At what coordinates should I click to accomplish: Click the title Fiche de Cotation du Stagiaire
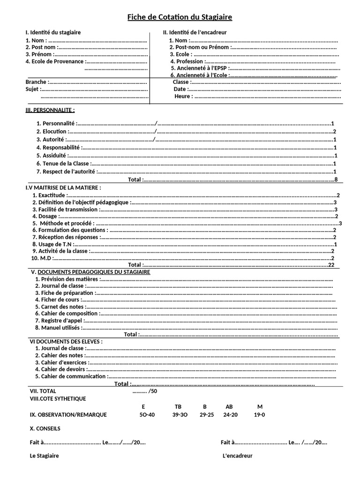[180, 17]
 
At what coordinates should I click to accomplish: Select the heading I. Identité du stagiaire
[53, 32]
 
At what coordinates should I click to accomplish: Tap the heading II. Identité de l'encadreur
[195, 32]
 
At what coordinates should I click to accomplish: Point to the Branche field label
[36, 82]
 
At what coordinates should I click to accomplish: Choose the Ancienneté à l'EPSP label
[199, 68]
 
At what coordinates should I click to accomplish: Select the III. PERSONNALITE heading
[50, 110]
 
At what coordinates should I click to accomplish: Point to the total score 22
[331, 265]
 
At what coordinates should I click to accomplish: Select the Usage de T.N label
[52, 244]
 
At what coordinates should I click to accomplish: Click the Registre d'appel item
[59, 321]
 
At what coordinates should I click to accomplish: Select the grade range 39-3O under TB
[180, 415]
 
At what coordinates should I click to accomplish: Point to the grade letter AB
[229, 407]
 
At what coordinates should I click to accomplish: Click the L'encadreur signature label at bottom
[238, 456]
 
